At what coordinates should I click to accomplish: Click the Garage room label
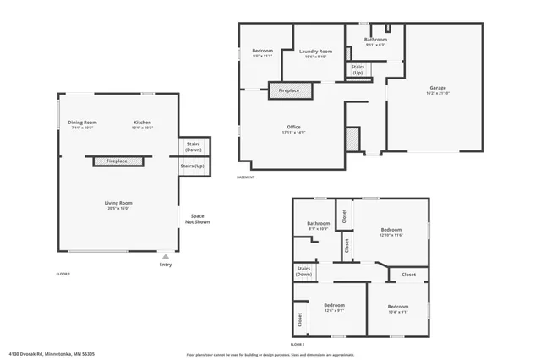[x=437, y=87]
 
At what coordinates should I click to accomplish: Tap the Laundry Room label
[x=315, y=52]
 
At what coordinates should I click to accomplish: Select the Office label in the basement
[x=293, y=128]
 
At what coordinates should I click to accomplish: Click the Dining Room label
[x=83, y=123]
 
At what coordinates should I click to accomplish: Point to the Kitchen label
[x=142, y=123]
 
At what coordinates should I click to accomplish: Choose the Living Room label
[x=118, y=203]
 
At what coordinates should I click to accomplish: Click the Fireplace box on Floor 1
[x=112, y=161]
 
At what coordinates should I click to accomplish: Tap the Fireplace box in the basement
[x=289, y=90]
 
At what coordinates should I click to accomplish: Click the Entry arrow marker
[x=165, y=256]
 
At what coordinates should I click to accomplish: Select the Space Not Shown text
[x=198, y=219]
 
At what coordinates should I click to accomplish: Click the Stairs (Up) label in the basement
[x=358, y=69]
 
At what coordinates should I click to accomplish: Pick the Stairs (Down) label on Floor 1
[x=193, y=146]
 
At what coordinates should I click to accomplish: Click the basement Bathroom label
[x=375, y=40]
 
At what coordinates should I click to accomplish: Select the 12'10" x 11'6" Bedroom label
[x=391, y=230]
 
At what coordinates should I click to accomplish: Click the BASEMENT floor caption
[x=245, y=177]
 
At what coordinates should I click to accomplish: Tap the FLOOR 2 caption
[x=297, y=345]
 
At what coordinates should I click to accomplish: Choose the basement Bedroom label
[x=262, y=52]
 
